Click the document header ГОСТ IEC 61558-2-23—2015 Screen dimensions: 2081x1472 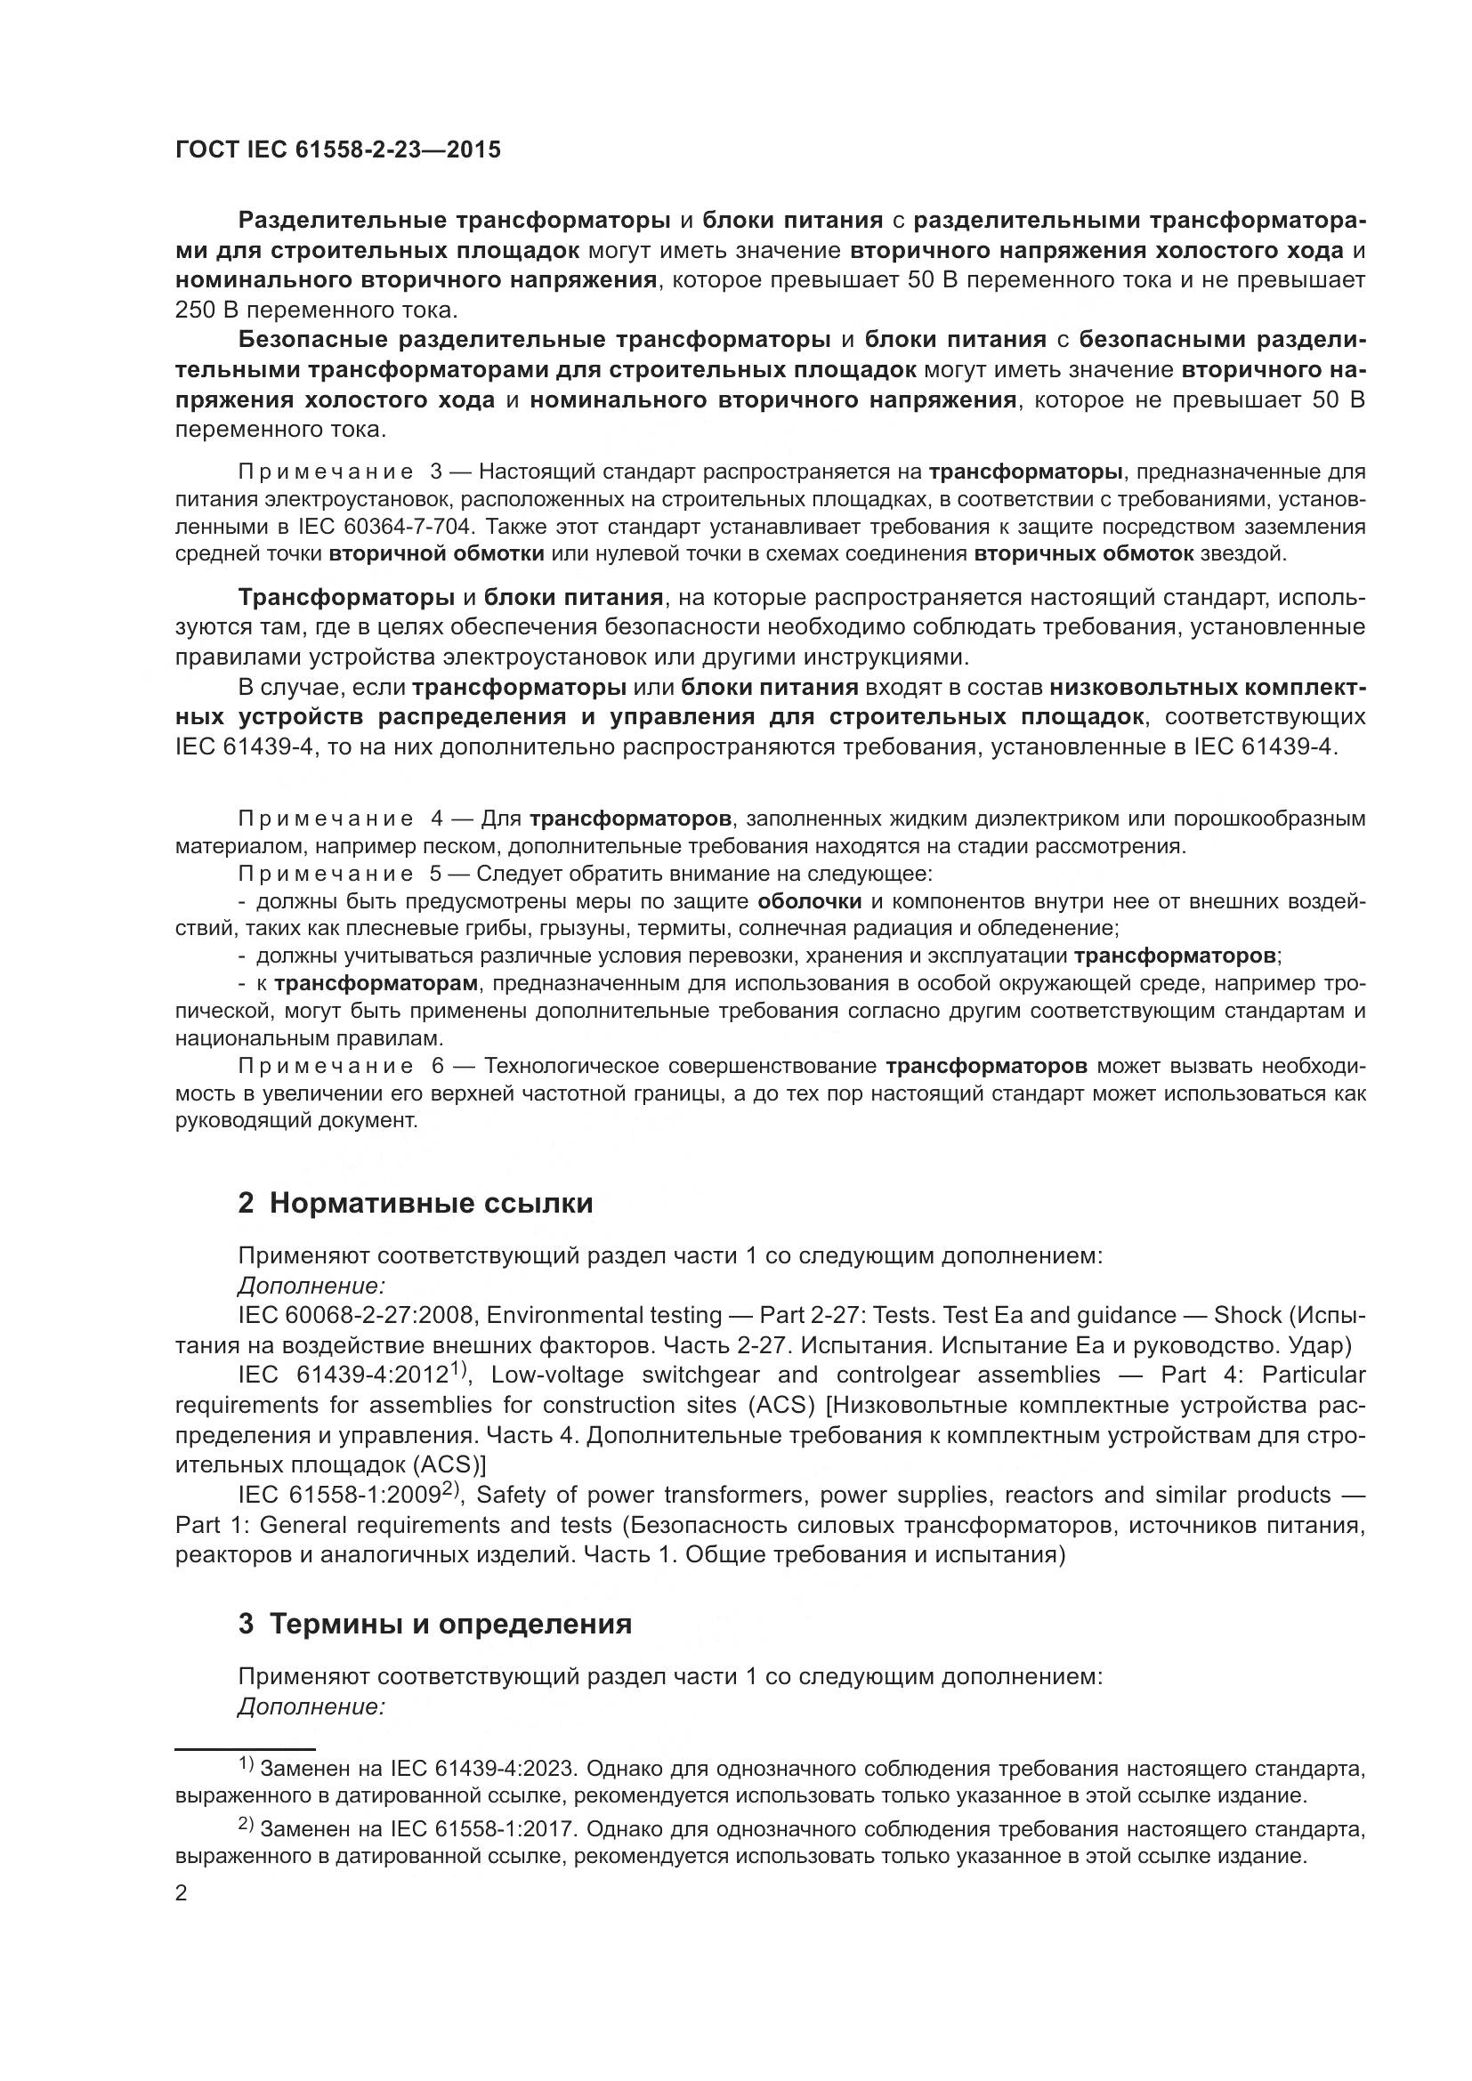pyautogui.click(x=337, y=150)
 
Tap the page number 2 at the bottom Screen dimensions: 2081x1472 pyautogui.click(x=182, y=1893)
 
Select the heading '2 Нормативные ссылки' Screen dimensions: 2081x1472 pyautogui.click(x=415, y=1203)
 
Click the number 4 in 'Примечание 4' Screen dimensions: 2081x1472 pyautogui.click(x=437, y=819)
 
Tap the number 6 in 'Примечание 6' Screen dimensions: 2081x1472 pyautogui.click(x=438, y=1066)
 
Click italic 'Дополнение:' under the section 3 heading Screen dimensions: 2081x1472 pyautogui.click(x=311, y=1706)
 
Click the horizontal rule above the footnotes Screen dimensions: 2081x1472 pyautogui.click(x=245, y=1748)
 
